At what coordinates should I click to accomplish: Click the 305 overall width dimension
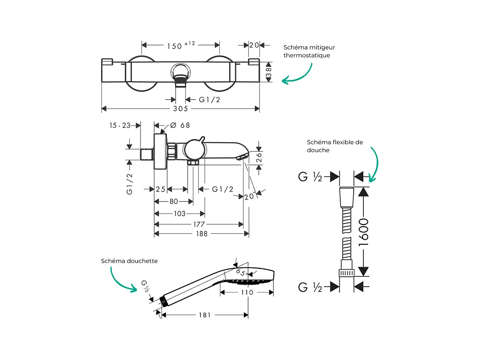pos(181,109)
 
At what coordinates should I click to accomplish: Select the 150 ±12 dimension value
pos(180,45)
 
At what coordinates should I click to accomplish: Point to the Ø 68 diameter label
pos(180,125)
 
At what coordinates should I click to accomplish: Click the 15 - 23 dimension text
pos(119,125)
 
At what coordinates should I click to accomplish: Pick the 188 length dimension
pos(201,234)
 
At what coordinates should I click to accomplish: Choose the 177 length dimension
pos(199,224)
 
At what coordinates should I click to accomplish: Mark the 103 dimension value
pos(179,214)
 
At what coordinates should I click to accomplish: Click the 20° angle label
pos(250,196)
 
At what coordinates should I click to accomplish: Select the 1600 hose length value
pos(364,232)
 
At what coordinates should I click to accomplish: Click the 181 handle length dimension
pos(205,315)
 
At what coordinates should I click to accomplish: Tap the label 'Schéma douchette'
pos(129,261)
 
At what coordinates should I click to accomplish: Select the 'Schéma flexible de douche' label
pos(335,146)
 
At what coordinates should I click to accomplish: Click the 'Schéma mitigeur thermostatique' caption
pos(309,51)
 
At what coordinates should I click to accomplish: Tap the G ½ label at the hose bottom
pos(310,287)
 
